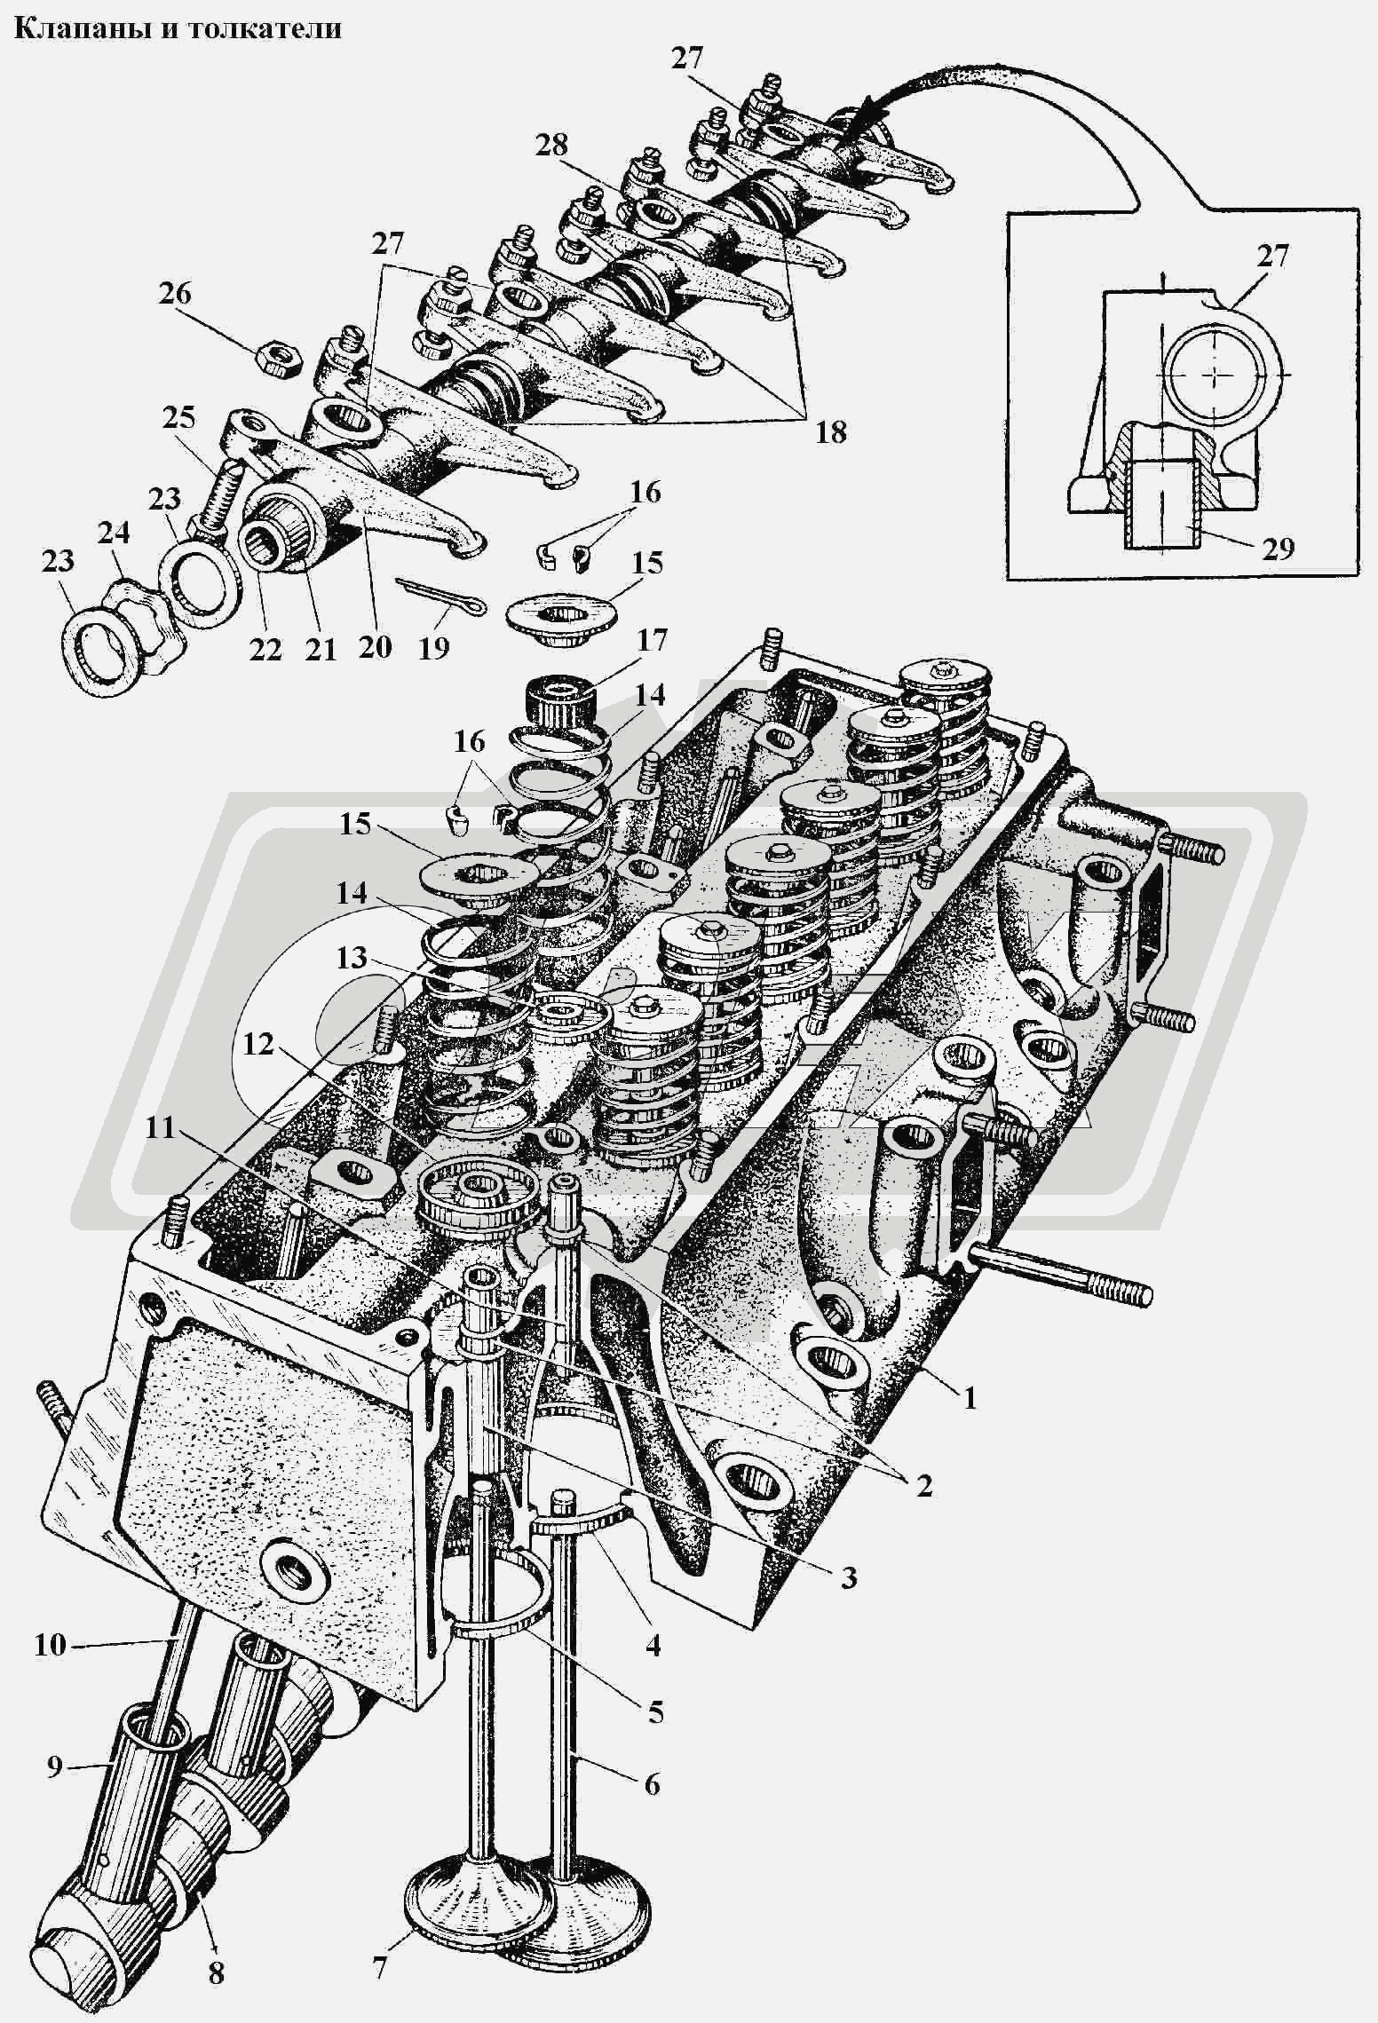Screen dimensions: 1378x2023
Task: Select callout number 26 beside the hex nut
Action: coord(176,294)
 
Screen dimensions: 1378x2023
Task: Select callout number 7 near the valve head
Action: coord(379,1967)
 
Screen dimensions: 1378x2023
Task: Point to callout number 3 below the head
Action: coord(849,1577)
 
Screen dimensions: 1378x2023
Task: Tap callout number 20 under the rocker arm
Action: coord(375,646)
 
